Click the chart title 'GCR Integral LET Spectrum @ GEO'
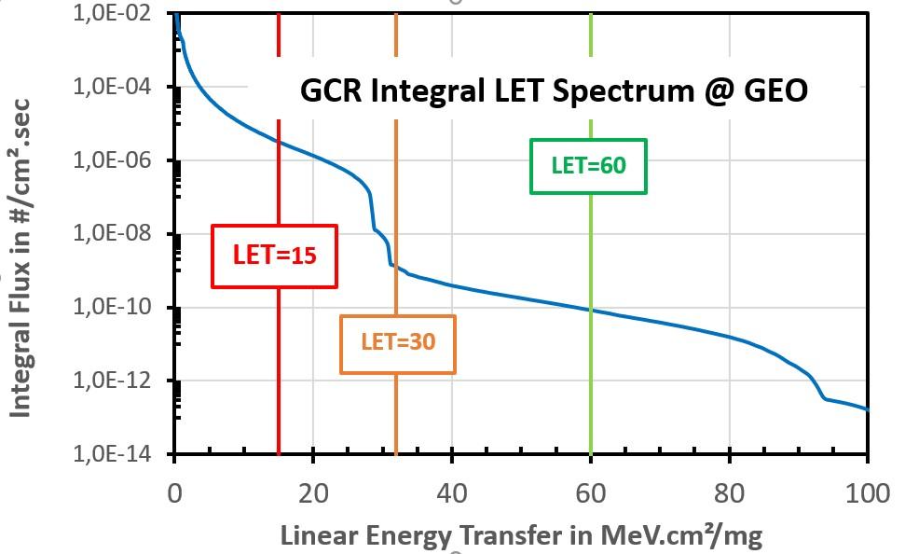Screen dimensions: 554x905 pos(553,90)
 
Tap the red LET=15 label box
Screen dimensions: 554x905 pos(273,255)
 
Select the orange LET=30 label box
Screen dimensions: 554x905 pos(398,342)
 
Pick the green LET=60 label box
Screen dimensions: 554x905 pos(588,166)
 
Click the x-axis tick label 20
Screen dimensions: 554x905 pos(313,493)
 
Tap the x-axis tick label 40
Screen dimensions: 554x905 pos(451,493)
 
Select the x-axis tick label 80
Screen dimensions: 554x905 pos(729,493)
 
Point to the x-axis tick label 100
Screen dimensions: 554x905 pos(867,493)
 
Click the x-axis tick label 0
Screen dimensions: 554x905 pos(174,493)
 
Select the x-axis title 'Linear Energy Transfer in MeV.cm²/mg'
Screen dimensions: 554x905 pos(521,535)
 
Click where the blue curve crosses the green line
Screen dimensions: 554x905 pos(591,310)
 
